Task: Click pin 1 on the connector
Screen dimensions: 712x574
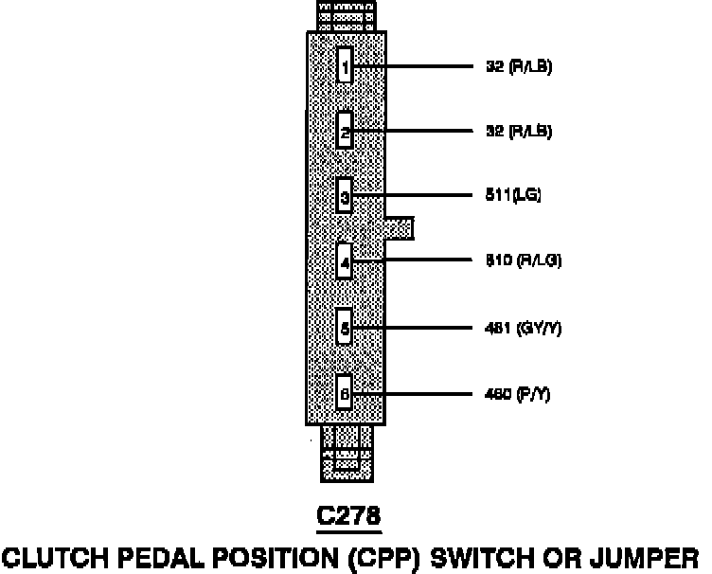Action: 346,67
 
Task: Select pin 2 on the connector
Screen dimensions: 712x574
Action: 346,132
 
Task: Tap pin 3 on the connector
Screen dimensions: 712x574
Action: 346,197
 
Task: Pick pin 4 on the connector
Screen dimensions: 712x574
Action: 346,261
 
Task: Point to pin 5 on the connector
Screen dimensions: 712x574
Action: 346,328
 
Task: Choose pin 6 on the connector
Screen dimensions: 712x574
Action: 346,392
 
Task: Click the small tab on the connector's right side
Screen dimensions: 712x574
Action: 400,228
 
